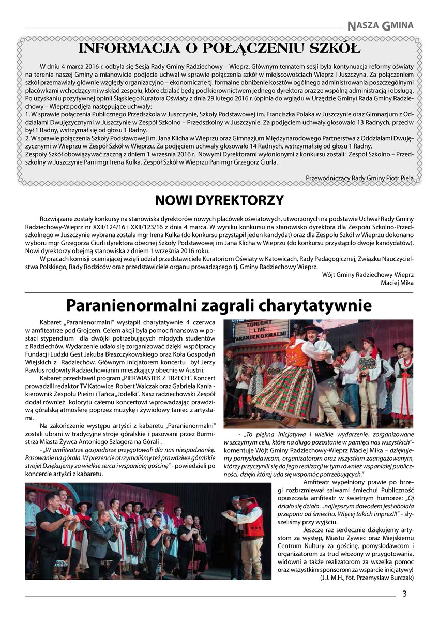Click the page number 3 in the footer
coord(405,594)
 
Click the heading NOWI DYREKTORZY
coord(219,200)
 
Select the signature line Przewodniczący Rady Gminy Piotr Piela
coord(359,178)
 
